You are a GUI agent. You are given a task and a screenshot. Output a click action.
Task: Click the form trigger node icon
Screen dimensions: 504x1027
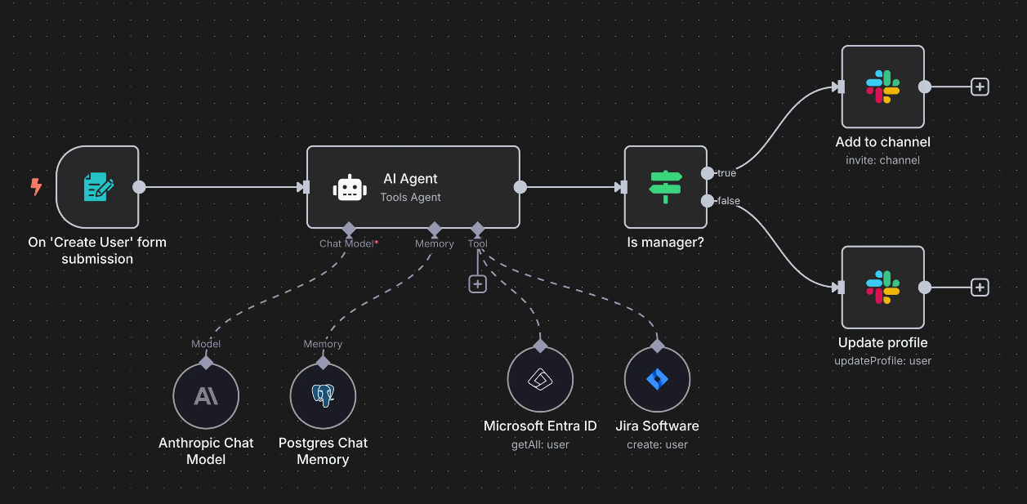click(x=98, y=187)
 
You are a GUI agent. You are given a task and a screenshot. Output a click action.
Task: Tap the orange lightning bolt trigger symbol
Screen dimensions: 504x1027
click(x=36, y=187)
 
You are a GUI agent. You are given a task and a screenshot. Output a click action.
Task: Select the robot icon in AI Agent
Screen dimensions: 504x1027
click(x=350, y=187)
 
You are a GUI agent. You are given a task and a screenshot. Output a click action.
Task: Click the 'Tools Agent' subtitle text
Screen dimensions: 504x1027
click(x=410, y=197)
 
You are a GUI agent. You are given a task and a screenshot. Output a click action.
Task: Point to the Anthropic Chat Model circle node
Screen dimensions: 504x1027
click(x=206, y=396)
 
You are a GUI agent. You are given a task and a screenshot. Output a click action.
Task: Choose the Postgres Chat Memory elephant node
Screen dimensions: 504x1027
click(x=323, y=396)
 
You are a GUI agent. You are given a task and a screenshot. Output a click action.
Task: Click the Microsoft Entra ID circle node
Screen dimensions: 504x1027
click(x=540, y=380)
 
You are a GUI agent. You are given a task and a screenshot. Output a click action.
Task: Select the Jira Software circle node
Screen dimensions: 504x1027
click(x=657, y=380)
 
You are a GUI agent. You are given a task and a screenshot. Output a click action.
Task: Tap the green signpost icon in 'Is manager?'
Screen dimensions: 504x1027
click(x=665, y=187)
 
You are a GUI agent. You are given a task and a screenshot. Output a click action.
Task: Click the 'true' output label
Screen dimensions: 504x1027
click(x=726, y=173)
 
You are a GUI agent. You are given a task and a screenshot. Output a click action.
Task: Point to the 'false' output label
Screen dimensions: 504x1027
click(x=729, y=201)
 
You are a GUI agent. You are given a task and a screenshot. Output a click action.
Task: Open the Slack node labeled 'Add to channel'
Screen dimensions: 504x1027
click(x=882, y=87)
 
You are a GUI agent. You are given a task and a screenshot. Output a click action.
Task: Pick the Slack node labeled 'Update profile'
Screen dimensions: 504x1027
click(x=882, y=287)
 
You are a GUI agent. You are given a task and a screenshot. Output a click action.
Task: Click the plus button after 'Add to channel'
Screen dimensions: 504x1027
click(x=980, y=87)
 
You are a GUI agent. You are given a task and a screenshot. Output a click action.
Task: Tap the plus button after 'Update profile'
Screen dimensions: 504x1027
click(x=980, y=288)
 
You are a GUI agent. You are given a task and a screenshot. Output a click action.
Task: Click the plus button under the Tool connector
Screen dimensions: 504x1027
click(x=478, y=283)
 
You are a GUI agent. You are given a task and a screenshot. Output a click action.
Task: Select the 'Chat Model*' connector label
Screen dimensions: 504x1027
click(x=348, y=243)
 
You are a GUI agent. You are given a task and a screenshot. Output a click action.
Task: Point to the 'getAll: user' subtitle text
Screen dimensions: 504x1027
click(x=540, y=444)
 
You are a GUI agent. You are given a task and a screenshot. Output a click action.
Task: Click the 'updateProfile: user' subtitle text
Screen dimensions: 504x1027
click(x=882, y=360)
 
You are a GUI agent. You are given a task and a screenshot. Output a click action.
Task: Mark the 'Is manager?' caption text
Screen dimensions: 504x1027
click(x=665, y=243)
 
